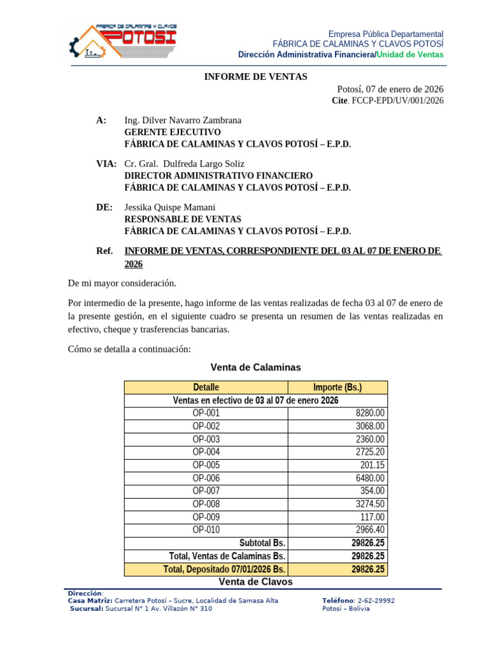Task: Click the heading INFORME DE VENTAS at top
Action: pyautogui.click(x=255, y=77)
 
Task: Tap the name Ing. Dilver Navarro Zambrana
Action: pyautogui.click(x=183, y=121)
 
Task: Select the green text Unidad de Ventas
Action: pyautogui.click(x=410, y=55)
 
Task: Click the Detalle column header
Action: pyautogui.click(x=206, y=387)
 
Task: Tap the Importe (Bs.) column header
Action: pyautogui.click(x=337, y=387)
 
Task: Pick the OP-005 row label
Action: pyautogui.click(x=206, y=465)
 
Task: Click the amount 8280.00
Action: pyautogui.click(x=370, y=413)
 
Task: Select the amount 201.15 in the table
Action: pyautogui.click(x=372, y=465)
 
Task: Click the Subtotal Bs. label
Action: pyautogui.click(x=262, y=543)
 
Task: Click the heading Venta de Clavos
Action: pyautogui.click(x=255, y=582)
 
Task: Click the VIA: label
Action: pyautogui.click(x=106, y=164)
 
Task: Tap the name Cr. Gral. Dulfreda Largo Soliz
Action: pyautogui.click(x=184, y=164)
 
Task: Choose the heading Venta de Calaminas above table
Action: pyautogui.click(x=255, y=367)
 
